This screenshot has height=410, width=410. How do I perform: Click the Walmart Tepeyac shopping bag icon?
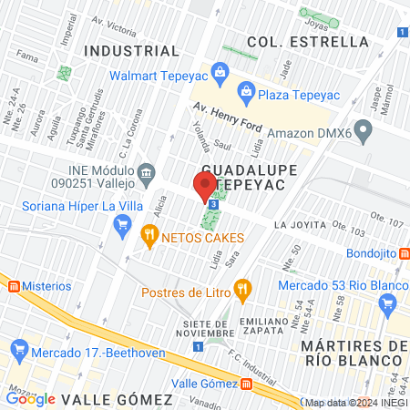tap(219, 70)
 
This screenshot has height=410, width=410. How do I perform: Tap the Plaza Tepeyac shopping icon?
tap(246, 90)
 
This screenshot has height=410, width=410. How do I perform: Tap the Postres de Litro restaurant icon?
tap(241, 292)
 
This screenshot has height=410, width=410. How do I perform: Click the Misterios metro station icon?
tap(14, 286)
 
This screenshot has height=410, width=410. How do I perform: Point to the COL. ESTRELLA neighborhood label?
tap(308, 42)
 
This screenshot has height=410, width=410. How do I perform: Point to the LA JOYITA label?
tap(299, 224)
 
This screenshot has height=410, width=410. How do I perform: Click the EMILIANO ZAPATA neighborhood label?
tap(270, 327)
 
